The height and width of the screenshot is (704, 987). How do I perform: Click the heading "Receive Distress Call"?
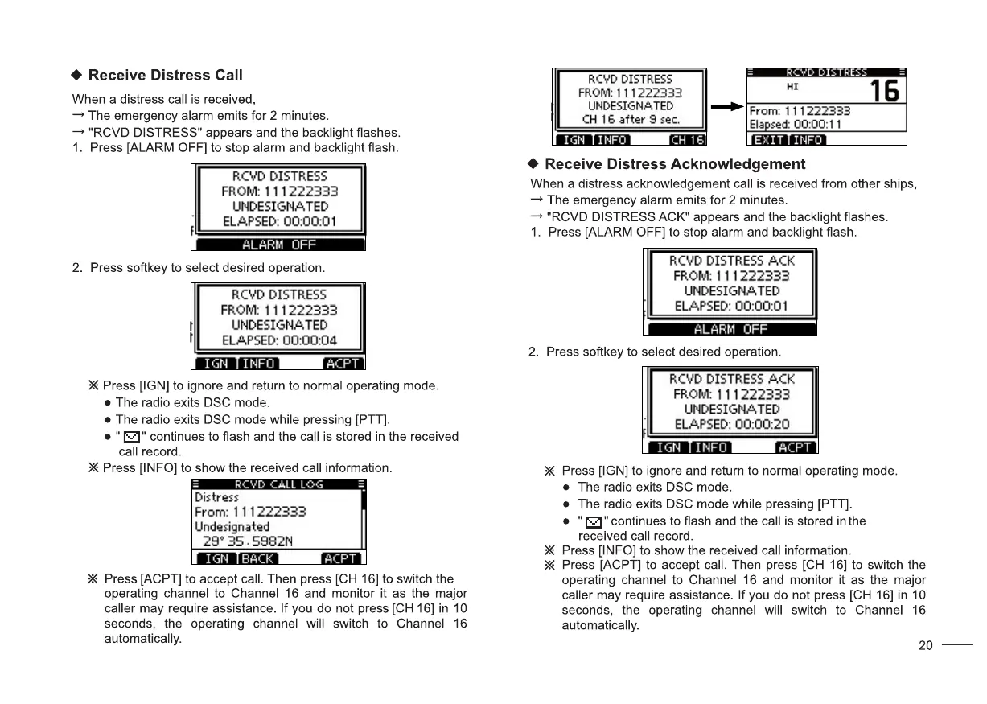(x=165, y=76)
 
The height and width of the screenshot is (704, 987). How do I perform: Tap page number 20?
(x=925, y=645)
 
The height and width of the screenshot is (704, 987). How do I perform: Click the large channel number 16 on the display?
(x=884, y=91)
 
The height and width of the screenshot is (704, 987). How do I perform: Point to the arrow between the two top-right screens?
(x=726, y=106)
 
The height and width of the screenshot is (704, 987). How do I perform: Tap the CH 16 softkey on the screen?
(x=687, y=140)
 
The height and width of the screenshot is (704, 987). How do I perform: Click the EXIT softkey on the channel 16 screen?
(x=768, y=140)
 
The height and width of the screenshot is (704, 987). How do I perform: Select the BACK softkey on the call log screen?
(x=258, y=558)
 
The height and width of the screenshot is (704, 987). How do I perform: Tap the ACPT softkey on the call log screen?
(x=342, y=558)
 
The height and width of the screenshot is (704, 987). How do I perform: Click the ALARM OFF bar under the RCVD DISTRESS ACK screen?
(x=730, y=329)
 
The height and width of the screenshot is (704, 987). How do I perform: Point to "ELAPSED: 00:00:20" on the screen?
(x=731, y=424)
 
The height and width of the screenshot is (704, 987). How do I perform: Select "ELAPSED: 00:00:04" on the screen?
(x=279, y=340)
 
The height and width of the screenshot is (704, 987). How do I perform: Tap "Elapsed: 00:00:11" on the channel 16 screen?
(x=795, y=125)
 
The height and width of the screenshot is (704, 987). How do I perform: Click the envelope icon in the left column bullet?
(x=131, y=437)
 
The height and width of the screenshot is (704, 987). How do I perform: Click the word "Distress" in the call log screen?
(x=216, y=497)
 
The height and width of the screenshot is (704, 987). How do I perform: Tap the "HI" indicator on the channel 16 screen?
(x=792, y=86)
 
